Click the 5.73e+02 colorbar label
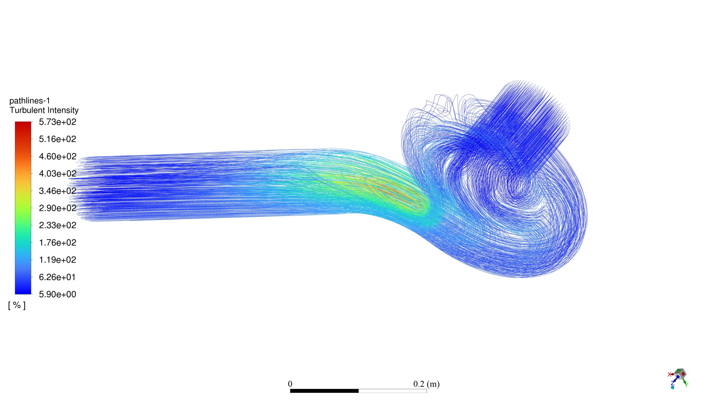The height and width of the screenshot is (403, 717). pyautogui.click(x=57, y=122)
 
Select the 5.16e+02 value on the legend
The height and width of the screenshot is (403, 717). pyautogui.click(x=57, y=139)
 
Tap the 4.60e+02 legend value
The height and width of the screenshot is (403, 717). pyautogui.click(x=57, y=156)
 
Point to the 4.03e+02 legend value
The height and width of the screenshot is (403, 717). pyautogui.click(x=57, y=174)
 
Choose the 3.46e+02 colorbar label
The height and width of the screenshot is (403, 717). pyautogui.click(x=57, y=191)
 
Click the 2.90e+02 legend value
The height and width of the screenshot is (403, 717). pyautogui.click(x=57, y=208)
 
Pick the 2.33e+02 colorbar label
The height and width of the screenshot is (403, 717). pyautogui.click(x=57, y=225)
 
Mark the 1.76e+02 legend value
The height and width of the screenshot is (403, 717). pyautogui.click(x=57, y=243)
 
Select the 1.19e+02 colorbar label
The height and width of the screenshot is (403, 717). pyautogui.click(x=57, y=260)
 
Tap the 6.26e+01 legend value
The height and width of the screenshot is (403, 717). pyautogui.click(x=57, y=277)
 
